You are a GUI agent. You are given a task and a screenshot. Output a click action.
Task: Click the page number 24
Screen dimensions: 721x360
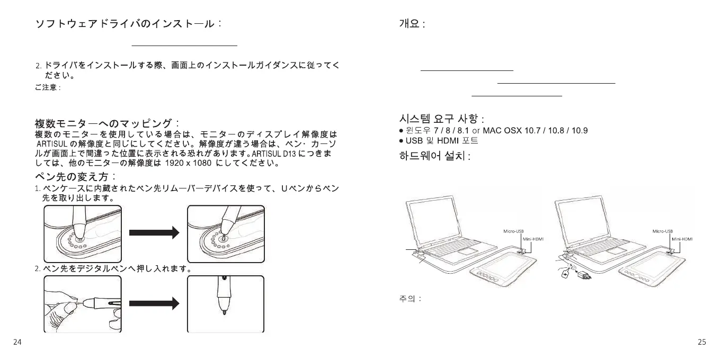(x=17, y=342)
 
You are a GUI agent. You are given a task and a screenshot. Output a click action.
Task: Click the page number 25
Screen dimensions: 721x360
(x=702, y=342)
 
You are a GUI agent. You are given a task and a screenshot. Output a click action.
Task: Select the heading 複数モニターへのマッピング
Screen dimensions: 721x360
(x=108, y=124)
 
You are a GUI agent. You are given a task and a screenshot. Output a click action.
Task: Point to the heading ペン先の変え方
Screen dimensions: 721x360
(x=76, y=176)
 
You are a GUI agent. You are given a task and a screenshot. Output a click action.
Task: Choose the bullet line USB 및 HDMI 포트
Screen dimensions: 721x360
(x=441, y=141)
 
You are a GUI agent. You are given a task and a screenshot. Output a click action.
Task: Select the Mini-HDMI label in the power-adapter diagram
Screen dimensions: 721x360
(x=682, y=239)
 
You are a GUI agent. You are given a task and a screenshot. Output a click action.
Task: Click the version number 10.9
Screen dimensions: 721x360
(x=579, y=130)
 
